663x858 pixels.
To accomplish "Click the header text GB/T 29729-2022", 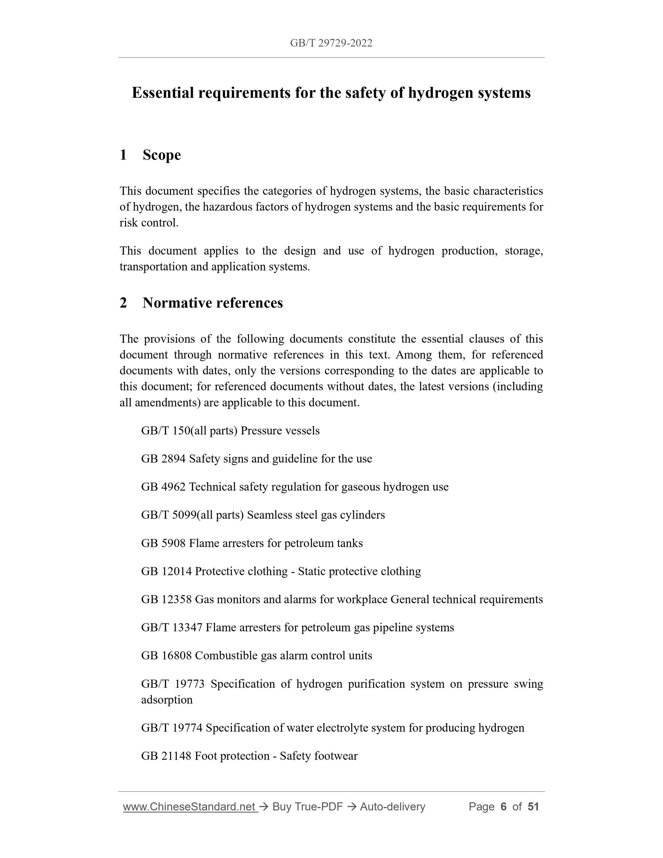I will pos(331,43).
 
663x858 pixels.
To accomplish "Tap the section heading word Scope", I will pos(161,155).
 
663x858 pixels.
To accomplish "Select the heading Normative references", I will pos(213,303).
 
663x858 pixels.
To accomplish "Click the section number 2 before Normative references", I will pos(123,303).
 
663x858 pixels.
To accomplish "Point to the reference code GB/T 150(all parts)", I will pos(189,431).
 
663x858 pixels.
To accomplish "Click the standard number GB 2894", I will pos(163,459).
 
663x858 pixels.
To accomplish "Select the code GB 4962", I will pos(163,487).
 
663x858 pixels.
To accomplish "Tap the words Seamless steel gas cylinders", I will pos(316,515).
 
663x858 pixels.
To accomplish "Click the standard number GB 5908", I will pos(163,543).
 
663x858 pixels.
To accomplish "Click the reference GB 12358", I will pos(166,599).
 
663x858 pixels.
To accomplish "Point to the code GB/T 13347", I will pos(172,627).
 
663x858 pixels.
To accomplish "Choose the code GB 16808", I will pos(166,656).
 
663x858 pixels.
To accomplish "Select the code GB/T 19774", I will pos(172,728).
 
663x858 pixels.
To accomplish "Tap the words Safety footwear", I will pos(319,756).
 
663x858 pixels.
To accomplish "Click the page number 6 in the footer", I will pos(503,807).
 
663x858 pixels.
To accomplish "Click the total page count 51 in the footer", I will pos(533,807).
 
